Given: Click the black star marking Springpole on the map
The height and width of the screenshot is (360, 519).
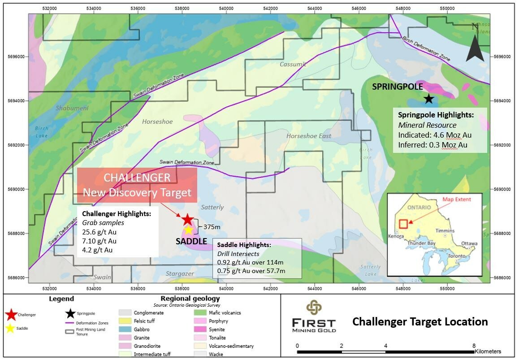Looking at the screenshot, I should coord(429,99).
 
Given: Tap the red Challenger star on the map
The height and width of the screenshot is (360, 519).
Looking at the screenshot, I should coord(187,219).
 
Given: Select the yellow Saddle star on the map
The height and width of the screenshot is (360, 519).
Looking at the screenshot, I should coord(189,230).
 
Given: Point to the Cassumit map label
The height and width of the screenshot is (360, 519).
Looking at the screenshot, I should coord(293,64).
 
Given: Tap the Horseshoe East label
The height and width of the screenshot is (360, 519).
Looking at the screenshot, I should coord(309,136).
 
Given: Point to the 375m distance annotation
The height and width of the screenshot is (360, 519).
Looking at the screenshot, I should coord(212,227).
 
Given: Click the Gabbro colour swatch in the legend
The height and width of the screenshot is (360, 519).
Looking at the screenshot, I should coord(125,330).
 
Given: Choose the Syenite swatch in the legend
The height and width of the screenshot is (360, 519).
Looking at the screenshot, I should coord(200,330).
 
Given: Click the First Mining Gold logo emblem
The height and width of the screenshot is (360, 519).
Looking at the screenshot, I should coord(313,308).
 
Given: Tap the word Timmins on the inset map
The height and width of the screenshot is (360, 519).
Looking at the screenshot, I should coord(445,230).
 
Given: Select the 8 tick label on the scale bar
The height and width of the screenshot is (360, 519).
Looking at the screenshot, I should coord(474,346).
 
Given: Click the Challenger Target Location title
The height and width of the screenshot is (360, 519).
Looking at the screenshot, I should coord(420,321).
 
